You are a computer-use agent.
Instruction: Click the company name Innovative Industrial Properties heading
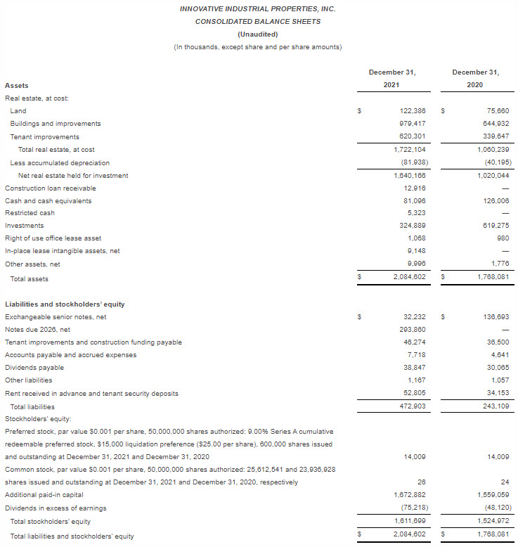pos(257,9)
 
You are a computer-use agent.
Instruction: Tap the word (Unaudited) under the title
pos(257,34)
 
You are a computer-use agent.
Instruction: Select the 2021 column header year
pos(392,85)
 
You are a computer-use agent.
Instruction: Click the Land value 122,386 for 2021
pos(410,111)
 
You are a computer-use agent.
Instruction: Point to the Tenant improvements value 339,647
pos(493,137)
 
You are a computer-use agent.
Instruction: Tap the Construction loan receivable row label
pos(51,188)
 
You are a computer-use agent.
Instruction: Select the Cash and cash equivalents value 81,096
pos(413,201)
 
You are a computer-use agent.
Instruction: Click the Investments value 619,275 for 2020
pos(493,226)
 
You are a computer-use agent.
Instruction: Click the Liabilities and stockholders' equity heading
pos(65,304)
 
